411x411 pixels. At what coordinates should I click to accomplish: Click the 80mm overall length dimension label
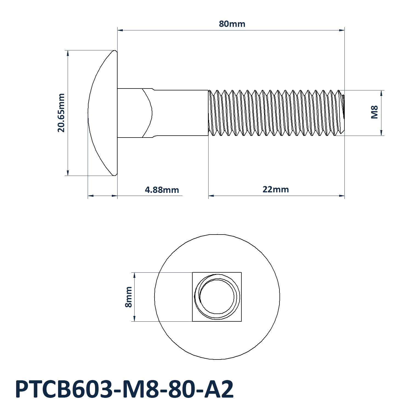232,24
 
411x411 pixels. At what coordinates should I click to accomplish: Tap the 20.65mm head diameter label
61,113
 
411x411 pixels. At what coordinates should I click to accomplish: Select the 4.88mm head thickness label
162,190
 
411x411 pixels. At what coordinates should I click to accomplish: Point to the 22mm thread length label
276,189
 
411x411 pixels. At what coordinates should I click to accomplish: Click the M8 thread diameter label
374,112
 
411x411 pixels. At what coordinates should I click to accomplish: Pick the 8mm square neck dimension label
129,297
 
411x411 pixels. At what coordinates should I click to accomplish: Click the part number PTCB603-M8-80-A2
124,389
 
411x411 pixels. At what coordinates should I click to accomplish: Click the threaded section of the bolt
276,113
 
